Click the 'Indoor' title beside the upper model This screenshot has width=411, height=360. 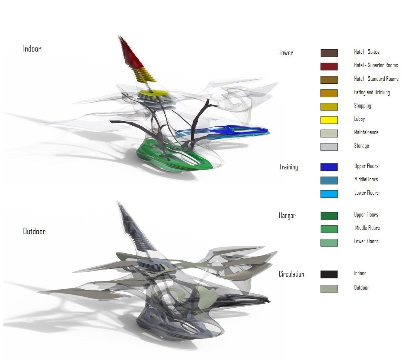(32, 49)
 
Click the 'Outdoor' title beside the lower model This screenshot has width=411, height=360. (34, 231)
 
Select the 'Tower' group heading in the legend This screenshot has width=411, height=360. (286, 53)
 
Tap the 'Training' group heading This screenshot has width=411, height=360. (288, 167)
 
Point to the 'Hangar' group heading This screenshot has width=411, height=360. (287, 216)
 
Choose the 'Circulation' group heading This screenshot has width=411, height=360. (291, 274)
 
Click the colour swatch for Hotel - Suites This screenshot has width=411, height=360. (329, 53)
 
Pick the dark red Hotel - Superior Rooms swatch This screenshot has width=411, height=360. (329, 66)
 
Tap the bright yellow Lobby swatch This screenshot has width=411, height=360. (329, 120)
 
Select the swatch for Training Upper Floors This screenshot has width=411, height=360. (329, 167)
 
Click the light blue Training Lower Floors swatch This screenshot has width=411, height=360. (329, 194)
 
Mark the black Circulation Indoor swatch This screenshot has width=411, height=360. (329, 274)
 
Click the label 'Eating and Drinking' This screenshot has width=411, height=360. (372, 92)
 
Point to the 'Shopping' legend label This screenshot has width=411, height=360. (362, 106)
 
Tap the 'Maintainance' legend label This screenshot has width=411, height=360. (366, 132)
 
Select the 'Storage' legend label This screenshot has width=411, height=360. (361, 146)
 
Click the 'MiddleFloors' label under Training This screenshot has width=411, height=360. (366, 179)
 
